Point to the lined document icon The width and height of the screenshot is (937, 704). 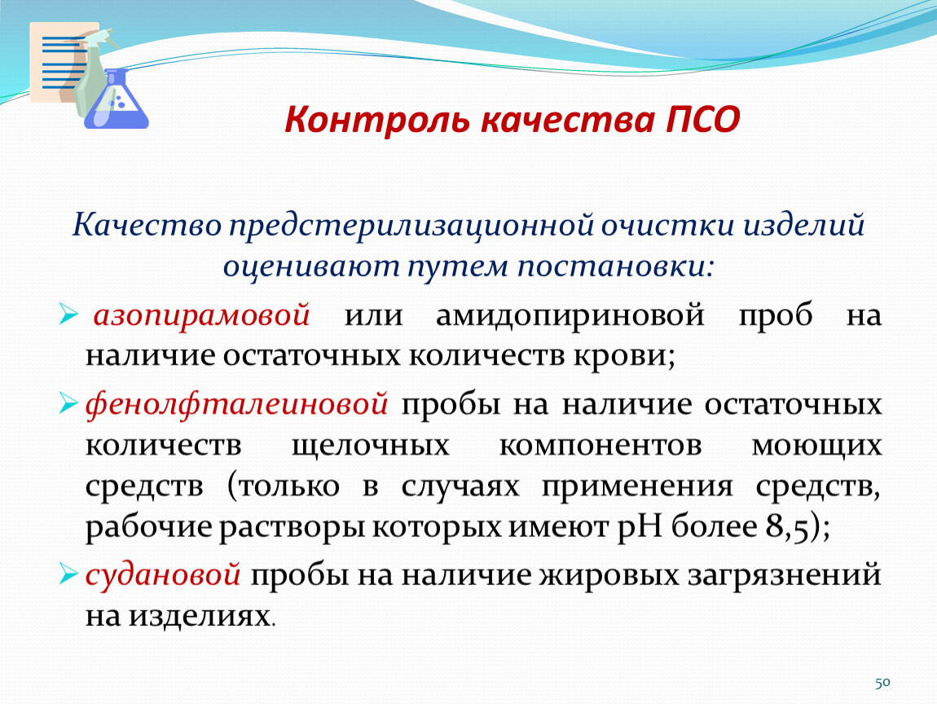(x=59, y=62)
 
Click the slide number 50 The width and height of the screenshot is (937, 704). (x=882, y=683)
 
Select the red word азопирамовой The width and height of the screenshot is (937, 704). (x=201, y=315)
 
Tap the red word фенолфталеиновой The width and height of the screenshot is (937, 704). (x=236, y=405)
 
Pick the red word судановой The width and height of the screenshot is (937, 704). (x=163, y=575)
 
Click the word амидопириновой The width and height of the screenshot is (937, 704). (x=570, y=315)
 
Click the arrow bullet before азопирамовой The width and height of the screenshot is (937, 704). (x=68, y=314)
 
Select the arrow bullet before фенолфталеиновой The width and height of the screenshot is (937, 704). (x=68, y=403)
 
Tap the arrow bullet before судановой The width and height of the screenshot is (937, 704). (x=68, y=574)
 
